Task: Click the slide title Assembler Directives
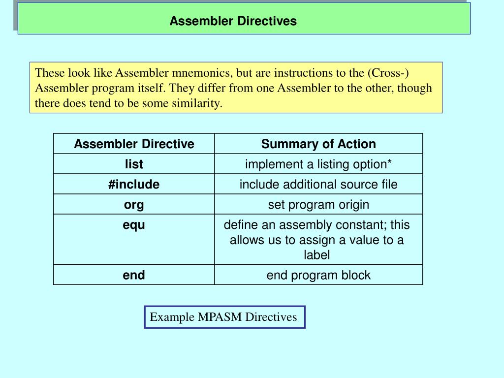click(x=233, y=21)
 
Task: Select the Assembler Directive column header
click(x=134, y=144)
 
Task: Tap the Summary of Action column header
click(x=318, y=144)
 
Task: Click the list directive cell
click(x=134, y=164)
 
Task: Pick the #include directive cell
click(x=134, y=184)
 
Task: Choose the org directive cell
click(x=134, y=204)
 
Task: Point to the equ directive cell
click(x=134, y=225)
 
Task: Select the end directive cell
click(x=134, y=275)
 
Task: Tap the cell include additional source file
click(x=318, y=184)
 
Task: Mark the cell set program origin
click(x=318, y=204)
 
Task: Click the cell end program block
click(x=318, y=275)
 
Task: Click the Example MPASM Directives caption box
click(x=224, y=317)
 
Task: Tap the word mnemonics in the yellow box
click(x=202, y=73)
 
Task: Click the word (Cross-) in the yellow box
click(x=388, y=73)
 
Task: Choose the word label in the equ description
click(x=316, y=255)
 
